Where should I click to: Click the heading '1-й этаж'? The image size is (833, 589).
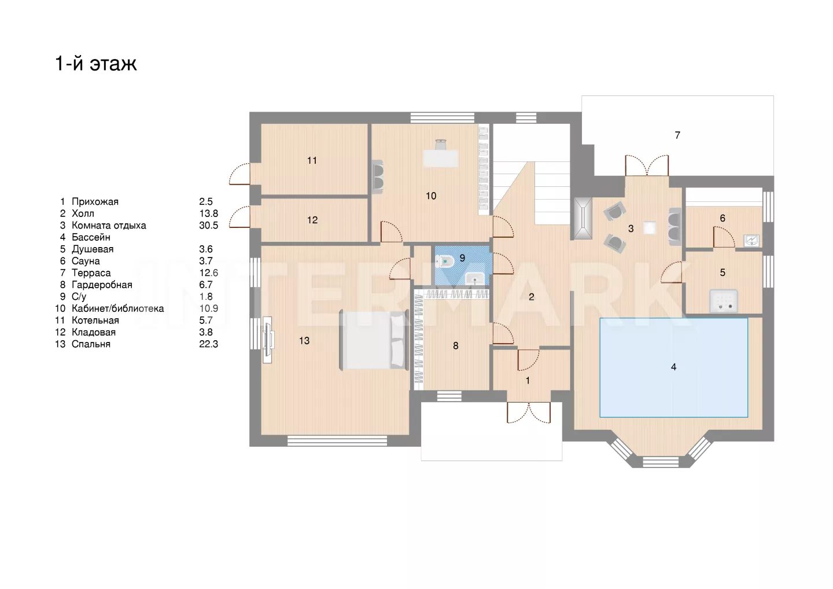coord(96,63)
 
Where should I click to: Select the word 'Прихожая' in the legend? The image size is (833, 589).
coord(95,201)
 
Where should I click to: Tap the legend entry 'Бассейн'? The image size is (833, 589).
coord(91,237)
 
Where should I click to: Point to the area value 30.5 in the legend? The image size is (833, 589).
coord(209,225)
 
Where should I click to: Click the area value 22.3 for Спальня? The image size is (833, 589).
coord(209,344)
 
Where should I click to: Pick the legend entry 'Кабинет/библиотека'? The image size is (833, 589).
coord(118,308)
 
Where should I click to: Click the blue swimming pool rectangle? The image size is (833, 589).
coord(673,367)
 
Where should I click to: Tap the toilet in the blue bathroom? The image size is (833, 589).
coord(444,262)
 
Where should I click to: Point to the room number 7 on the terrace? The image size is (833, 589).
coord(677,135)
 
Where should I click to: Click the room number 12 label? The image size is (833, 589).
coord(312,220)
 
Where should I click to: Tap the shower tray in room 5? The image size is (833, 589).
coord(723,300)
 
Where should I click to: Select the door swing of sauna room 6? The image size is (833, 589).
coord(724,237)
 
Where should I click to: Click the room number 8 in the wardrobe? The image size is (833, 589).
coord(456,346)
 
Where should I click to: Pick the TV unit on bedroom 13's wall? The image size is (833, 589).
coord(268,340)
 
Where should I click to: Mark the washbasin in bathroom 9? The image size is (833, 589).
coord(475,278)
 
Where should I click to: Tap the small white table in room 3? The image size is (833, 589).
coord(649,228)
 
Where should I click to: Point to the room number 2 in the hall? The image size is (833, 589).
coord(532,297)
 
